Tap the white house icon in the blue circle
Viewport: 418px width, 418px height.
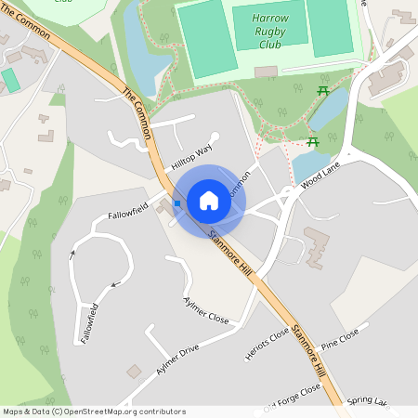click(x=209, y=201)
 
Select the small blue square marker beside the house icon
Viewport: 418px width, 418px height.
click(x=176, y=202)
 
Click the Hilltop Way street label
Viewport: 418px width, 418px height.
click(x=192, y=155)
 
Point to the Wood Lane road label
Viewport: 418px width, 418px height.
click(x=320, y=174)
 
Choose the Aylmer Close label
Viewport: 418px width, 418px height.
click(x=206, y=310)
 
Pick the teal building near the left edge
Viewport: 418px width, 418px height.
click(x=10, y=79)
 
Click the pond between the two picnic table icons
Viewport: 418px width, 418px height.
click(x=328, y=110)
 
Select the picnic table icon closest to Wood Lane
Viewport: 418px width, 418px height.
click(x=313, y=141)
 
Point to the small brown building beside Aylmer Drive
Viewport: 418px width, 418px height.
click(x=134, y=371)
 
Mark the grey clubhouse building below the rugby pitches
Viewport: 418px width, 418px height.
click(x=266, y=71)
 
